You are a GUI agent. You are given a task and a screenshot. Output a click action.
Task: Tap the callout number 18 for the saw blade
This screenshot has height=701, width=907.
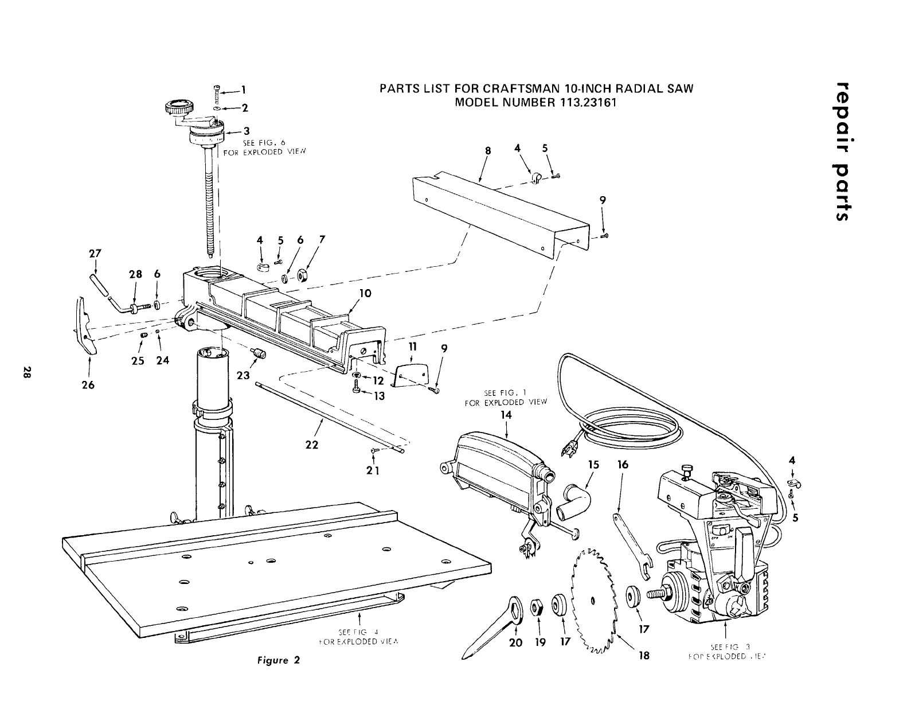click(x=644, y=655)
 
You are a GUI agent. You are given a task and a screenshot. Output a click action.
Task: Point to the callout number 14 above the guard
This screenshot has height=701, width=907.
click(x=506, y=415)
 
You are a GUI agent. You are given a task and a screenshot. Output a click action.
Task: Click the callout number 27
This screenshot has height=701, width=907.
click(x=95, y=253)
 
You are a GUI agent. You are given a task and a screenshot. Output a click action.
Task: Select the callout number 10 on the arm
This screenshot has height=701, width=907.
click(x=365, y=293)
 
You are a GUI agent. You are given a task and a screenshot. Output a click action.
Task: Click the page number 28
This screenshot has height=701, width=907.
click(x=26, y=372)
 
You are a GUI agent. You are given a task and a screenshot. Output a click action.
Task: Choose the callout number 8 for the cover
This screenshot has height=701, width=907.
click(x=488, y=150)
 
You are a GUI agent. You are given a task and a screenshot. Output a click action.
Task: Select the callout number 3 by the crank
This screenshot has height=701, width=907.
click(x=245, y=131)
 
